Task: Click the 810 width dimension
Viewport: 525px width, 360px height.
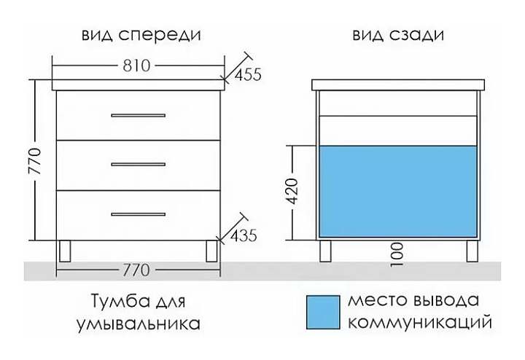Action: pos(136,66)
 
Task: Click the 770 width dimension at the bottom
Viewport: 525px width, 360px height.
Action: pos(136,270)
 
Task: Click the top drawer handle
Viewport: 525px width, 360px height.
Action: pos(139,115)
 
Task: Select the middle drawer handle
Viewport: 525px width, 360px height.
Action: pos(139,165)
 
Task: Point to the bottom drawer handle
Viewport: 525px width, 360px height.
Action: pos(139,214)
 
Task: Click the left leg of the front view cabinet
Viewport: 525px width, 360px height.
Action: pos(65,251)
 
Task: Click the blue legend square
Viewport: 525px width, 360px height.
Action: pos(322,312)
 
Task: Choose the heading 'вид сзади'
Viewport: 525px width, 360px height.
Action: pos(398,35)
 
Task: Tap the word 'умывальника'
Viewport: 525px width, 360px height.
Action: pos(139,322)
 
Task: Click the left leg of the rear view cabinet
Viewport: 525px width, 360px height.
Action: pos(325,251)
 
